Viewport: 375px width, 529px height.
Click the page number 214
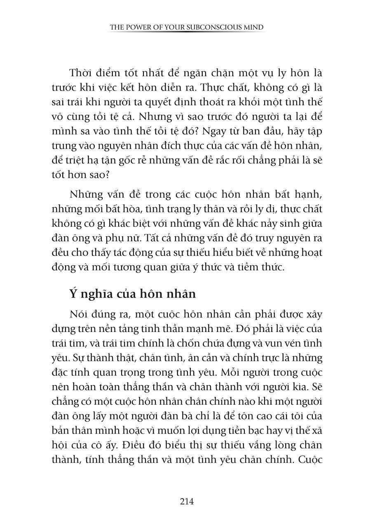tap(187, 501)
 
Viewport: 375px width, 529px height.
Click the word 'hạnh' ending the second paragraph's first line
tap(309, 193)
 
